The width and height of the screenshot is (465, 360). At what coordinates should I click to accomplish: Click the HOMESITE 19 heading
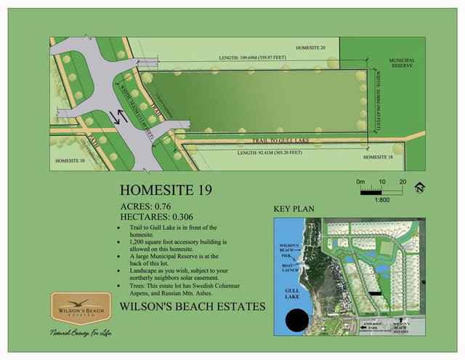pyautogui.click(x=165, y=191)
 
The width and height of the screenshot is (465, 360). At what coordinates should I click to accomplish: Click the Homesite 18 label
pyautogui.click(x=378, y=156)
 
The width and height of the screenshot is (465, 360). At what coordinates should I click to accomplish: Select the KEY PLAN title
pyautogui.click(x=294, y=209)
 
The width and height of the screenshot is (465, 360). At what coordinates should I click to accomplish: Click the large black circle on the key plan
pyautogui.click(x=297, y=321)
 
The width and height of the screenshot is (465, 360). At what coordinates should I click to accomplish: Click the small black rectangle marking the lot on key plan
pyautogui.click(x=373, y=292)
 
